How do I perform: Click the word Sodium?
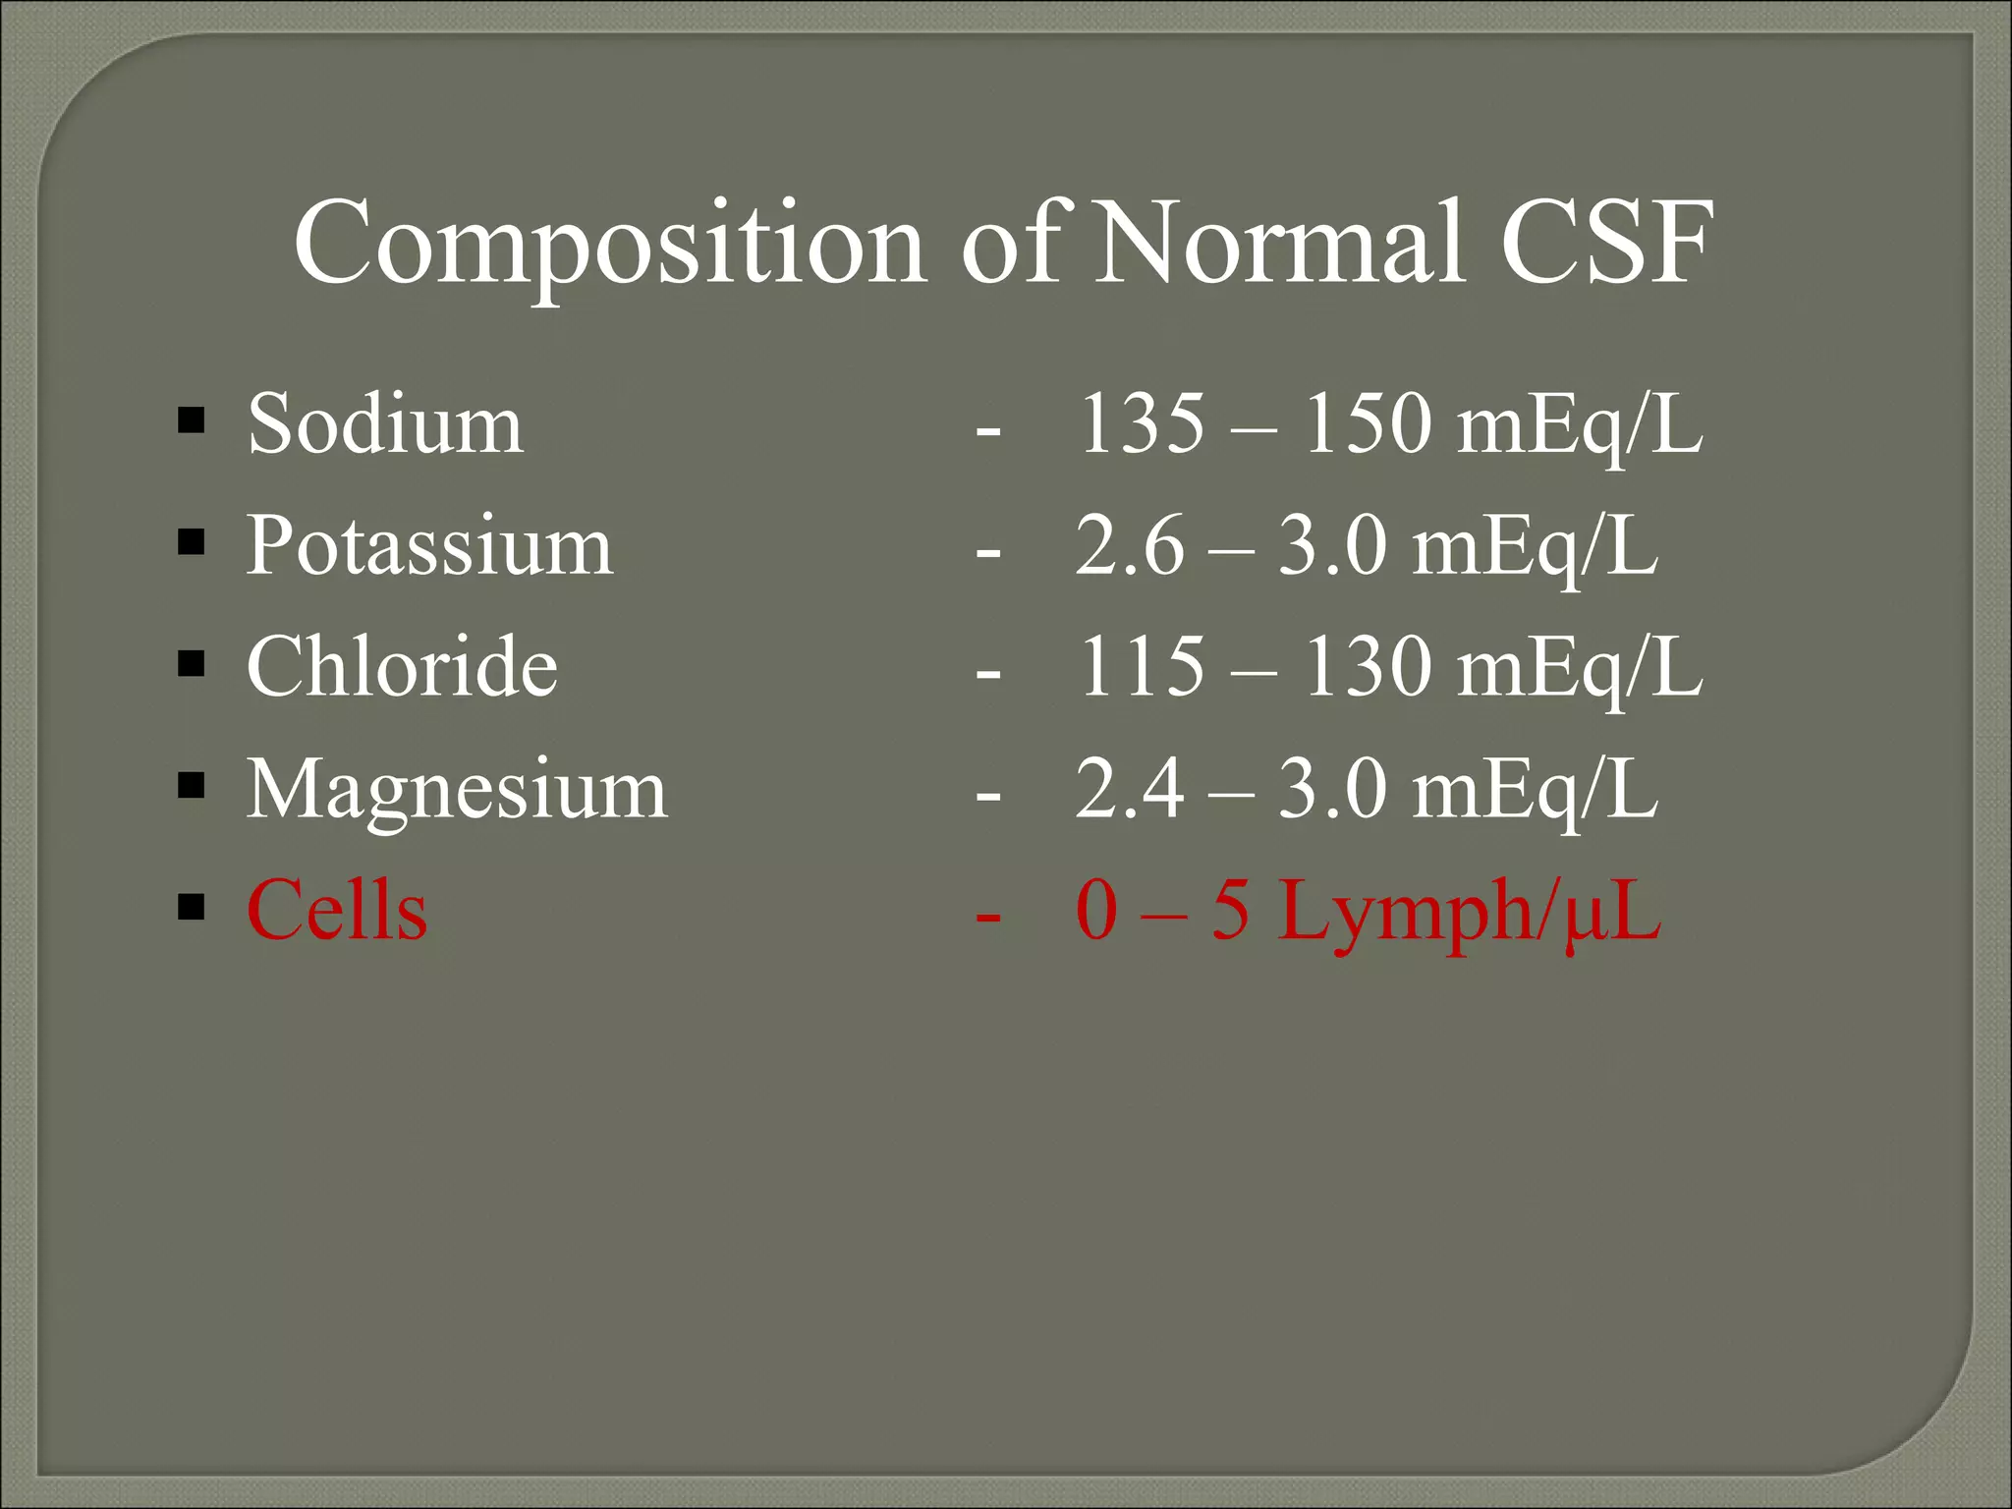pos(385,424)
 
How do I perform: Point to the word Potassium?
pos(429,546)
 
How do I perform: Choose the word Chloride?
pos(402,667)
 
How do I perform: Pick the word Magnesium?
pos(457,789)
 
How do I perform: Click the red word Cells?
pos(337,911)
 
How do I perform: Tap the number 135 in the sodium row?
pos(1141,424)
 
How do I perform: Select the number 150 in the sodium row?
pos(1367,424)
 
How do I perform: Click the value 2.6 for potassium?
pos(1130,546)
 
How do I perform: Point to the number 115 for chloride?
pos(1141,667)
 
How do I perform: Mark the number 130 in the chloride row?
pos(1367,667)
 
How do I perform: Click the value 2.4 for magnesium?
pos(1130,789)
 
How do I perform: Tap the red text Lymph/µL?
pos(1469,911)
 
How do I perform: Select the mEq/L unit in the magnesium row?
pos(1535,789)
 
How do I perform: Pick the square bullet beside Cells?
pos(192,908)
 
